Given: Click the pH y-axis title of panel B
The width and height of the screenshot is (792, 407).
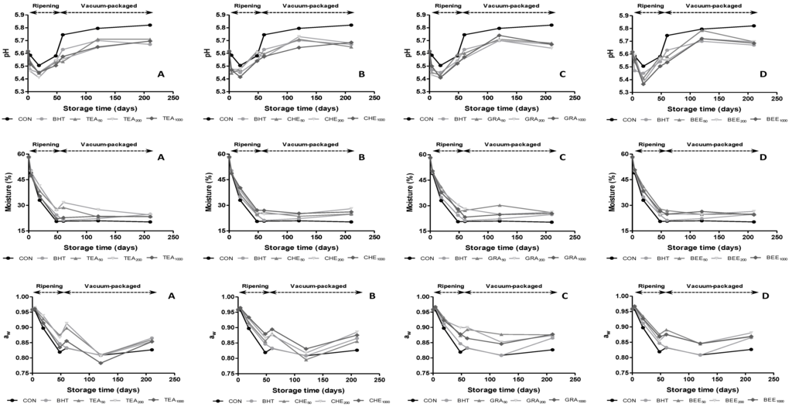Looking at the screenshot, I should pos(210,53).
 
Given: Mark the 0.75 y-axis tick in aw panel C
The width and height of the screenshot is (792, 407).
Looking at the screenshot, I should pos(417,378).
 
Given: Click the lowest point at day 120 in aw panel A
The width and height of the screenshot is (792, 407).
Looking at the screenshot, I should pos(101,363).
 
